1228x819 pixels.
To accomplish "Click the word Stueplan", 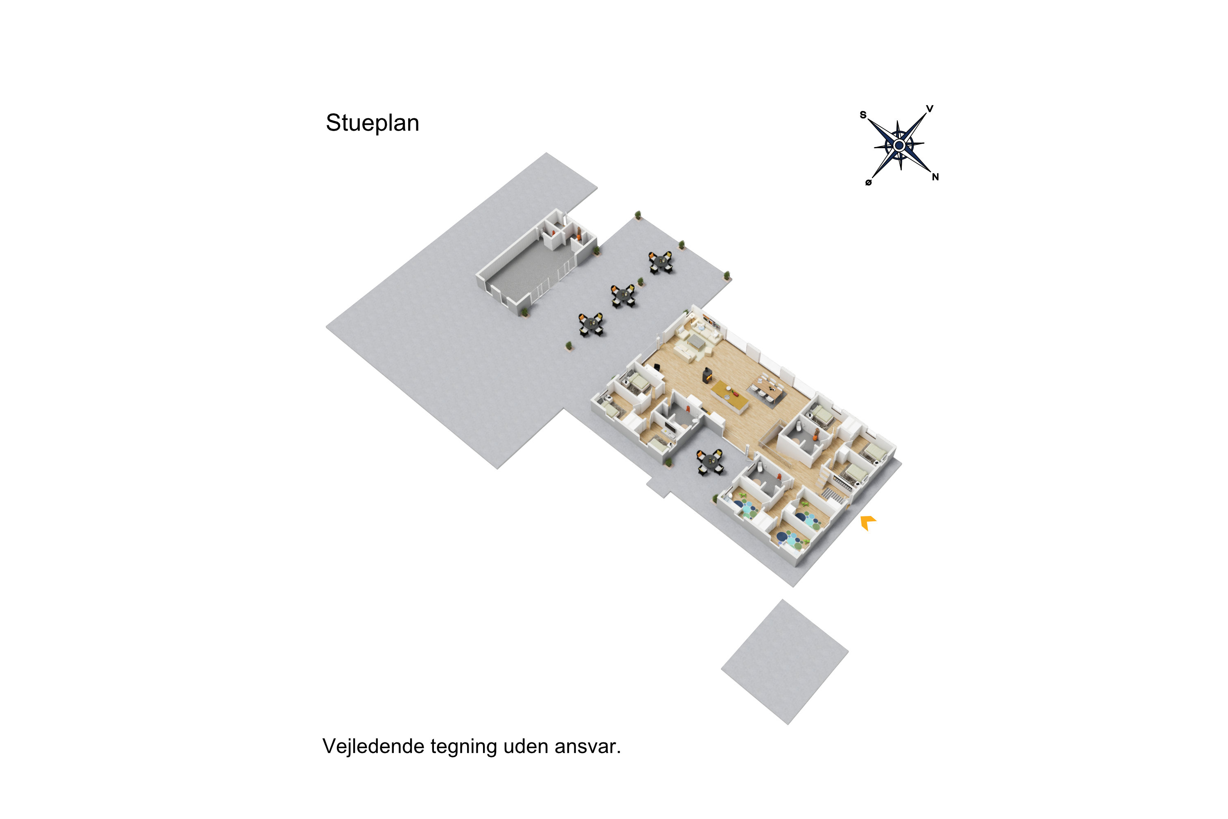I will coord(372,123).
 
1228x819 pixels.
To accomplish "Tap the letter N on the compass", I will coord(935,177).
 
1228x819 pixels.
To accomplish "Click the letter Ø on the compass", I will coord(868,182).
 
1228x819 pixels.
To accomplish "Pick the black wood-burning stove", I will coord(707,375).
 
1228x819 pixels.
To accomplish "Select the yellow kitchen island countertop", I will coord(730,396).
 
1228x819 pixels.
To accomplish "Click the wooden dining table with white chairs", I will coord(766,387).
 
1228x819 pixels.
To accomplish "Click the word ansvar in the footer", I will coord(587,747).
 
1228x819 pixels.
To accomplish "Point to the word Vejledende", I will coord(373,747).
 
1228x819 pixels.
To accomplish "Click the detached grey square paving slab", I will coord(785,662).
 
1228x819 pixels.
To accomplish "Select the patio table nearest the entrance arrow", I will coord(710,462).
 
